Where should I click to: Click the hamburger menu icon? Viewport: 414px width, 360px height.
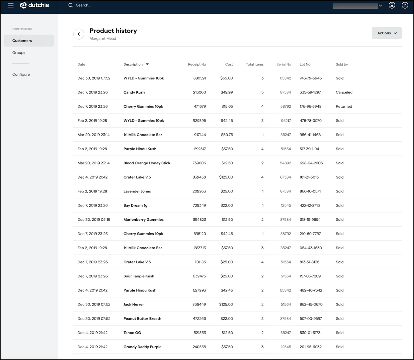pyautogui.click(x=11, y=5)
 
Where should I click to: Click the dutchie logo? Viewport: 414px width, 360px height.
pyautogui.click(x=34, y=5)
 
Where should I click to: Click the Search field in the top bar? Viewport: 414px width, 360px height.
pyautogui.click(x=84, y=5)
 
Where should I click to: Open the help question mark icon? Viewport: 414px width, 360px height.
pyautogui.click(x=405, y=5)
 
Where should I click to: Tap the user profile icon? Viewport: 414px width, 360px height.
pyautogui.click(x=392, y=5)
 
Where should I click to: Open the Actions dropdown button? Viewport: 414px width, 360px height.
pyautogui.click(x=387, y=33)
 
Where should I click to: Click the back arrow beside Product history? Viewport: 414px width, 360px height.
pyautogui.click(x=79, y=34)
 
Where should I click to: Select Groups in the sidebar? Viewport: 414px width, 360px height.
pyautogui.click(x=19, y=53)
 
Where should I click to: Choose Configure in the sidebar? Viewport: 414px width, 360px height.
pyautogui.click(x=21, y=74)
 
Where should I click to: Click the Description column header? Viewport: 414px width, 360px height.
pyautogui.click(x=133, y=64)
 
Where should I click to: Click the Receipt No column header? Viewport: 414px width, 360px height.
pyautogui.click(x=197, y=64)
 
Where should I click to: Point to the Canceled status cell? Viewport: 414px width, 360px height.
pyautogui.click(x=344, y=92)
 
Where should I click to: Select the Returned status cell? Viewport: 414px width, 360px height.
pyautogui.click(x=344, y=107)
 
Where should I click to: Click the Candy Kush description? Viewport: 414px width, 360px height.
pyautogui.click(x=134, y=92)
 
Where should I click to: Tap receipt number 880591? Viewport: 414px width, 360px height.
pyautogui.click(x=200, y=78)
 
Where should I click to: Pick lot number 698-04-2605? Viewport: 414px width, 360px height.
pyautogui.click(x=311, y=163)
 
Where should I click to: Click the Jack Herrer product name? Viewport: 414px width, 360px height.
pyautogui.click(x=134, y=305)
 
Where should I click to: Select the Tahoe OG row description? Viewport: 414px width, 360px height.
pyautogui.click(x=132, y=333)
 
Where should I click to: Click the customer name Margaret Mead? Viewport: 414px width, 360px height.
pyautogui.click(x=103, y=39)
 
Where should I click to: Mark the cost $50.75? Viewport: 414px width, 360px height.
pyautogui.click(x=227, y=135)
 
